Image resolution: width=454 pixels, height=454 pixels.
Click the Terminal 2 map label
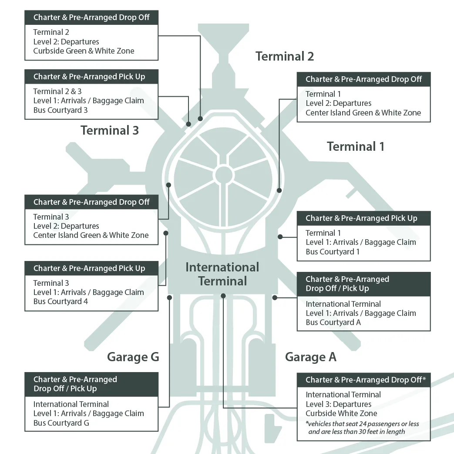[284, 56]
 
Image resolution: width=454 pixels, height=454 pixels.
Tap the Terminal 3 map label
[110, 130]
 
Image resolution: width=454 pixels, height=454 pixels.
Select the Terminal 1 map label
[356, 146]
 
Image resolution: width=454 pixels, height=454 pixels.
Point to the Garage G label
[133, 357]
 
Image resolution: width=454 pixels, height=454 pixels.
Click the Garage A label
[310, 357]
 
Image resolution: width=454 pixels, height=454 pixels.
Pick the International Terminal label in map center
[222, 274]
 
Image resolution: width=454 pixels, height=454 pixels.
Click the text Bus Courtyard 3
[61, 110]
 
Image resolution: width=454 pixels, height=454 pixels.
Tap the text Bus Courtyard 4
[61, 302]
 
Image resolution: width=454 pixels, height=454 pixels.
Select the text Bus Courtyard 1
[333, 252]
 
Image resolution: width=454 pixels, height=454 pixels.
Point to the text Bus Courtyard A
[333, 322]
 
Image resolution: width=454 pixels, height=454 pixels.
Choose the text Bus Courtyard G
[61, 423]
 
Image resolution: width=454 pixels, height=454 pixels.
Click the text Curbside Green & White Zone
[84, 51]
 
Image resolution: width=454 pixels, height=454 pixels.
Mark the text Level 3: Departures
[338, 404]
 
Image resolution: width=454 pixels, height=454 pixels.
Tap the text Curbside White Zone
[341, 413]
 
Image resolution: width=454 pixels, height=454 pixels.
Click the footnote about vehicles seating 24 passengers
[362, 428]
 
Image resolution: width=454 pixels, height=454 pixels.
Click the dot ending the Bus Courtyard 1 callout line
[280, 237]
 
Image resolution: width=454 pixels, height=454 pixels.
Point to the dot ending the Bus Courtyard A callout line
[275, 298]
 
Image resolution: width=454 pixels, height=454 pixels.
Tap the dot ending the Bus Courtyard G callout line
[169, 298]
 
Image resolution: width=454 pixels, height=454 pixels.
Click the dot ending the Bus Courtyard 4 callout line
[166, 233]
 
